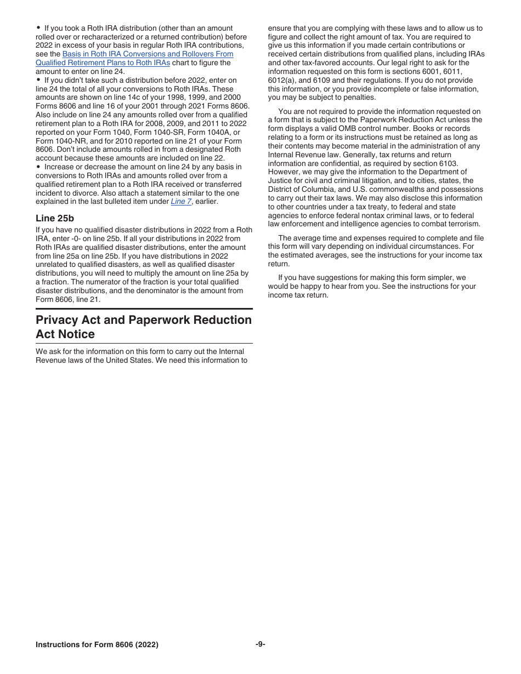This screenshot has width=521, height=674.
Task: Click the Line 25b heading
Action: click(55, 218)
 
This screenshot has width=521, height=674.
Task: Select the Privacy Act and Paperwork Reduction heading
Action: click(144, 320)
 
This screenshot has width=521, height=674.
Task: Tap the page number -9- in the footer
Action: click(260, 644)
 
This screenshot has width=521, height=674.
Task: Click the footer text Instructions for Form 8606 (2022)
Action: click(97, 645)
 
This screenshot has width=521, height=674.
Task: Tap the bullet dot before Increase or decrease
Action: click(38, 167)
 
